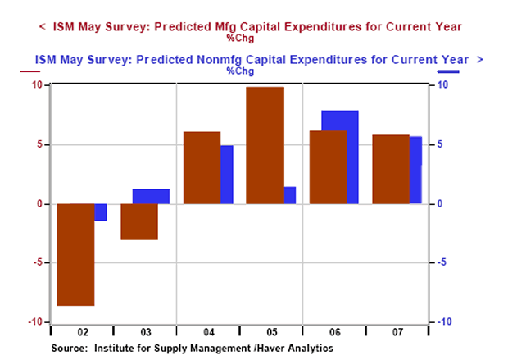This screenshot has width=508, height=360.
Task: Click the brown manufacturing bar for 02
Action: click(x=75, y=254)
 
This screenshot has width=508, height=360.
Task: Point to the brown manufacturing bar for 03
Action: click(x=138, y=221)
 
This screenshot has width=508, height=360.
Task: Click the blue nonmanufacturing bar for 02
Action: click(x=101, y=212)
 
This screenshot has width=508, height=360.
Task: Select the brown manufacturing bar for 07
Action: click(x=390, y=169)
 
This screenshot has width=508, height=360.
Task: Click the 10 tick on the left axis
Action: click(x=36, y=85)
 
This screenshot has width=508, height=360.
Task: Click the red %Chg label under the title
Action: click(x=240, y=37)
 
